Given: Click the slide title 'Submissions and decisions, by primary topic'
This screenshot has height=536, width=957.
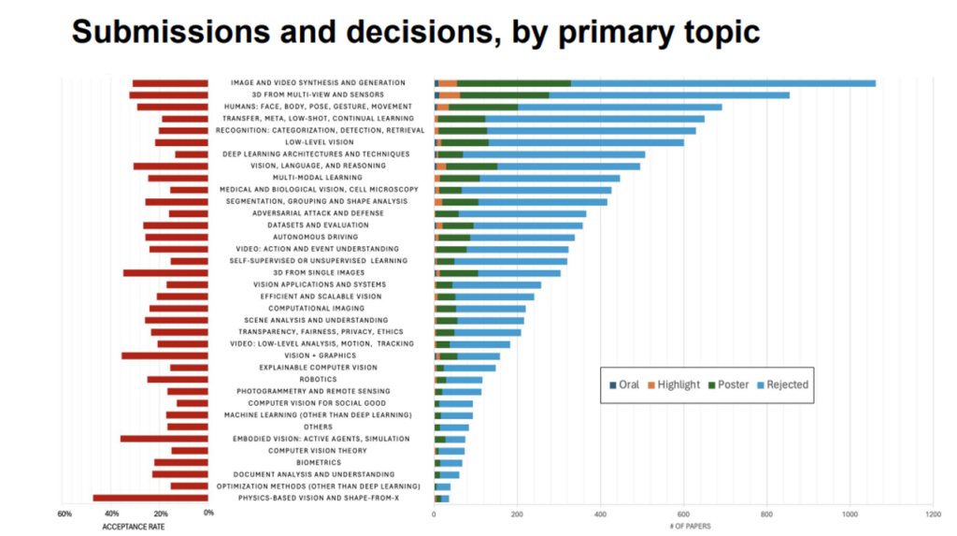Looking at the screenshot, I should click(x=415, y=31).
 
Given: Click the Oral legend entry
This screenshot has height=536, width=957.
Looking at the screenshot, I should click(x=623, y=384).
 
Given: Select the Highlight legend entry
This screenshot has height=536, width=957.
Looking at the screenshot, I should click(x=674, y=384).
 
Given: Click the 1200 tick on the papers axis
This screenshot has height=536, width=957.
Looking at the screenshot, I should click(x=932, y=514).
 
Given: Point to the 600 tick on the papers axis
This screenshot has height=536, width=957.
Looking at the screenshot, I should click(x=683, y=514).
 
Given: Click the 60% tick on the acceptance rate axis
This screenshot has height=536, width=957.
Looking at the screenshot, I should click(x=64, y=514).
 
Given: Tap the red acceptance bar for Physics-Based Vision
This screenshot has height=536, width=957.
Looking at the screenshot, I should click(x=150, y=498).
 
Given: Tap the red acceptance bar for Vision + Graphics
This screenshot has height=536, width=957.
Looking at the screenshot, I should click(x=164, y=355).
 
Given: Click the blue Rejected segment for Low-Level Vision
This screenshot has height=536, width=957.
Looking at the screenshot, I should click(x=586, y=142).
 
